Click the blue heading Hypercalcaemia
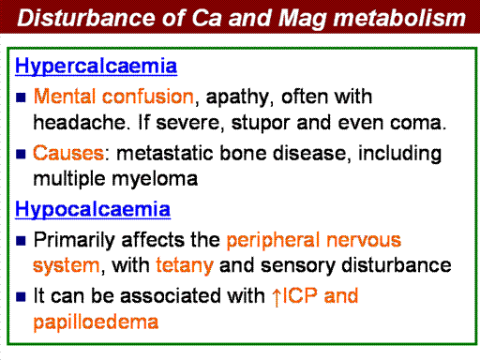[96, 67]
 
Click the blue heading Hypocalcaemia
[93, 209]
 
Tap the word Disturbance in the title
[85, 18]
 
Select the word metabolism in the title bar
[399, 18]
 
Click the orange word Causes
[68, 153]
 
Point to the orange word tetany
[185, 265]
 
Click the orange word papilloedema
[96, 322]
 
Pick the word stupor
[261, 123]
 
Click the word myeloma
[155, 180]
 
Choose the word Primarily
[74, 240]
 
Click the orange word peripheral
[274, 240]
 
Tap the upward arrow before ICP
[277, 297]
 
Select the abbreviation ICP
[299, 295]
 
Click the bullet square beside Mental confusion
[21, 97]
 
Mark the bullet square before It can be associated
[21, 296]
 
